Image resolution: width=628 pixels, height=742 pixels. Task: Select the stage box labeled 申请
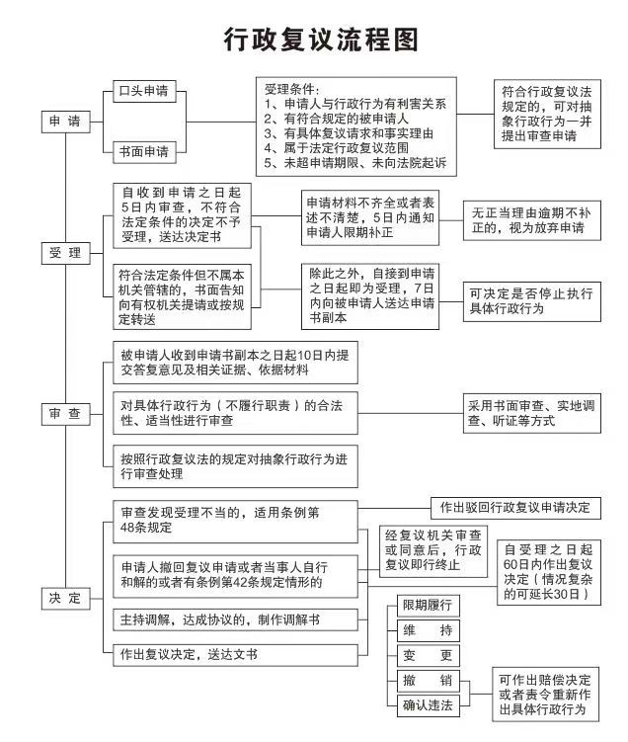(65, 122)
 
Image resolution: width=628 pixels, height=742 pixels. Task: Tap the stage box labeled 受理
(65, 254)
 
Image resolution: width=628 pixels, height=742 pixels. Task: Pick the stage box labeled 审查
(65, 415)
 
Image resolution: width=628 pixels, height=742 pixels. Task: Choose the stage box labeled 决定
(65, 598)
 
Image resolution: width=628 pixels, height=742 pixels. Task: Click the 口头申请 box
(142, 92)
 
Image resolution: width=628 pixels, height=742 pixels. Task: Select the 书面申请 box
(142, 152)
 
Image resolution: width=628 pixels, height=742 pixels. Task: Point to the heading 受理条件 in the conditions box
(294, 88)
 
